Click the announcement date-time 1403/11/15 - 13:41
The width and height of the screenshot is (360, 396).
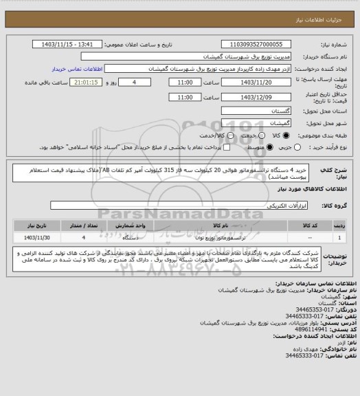[x=72, y=43]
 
